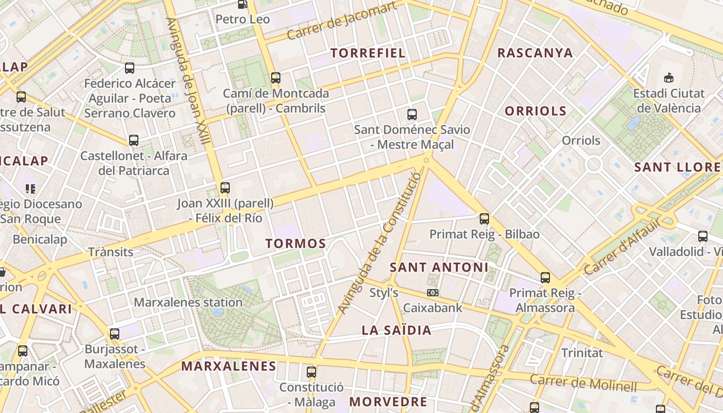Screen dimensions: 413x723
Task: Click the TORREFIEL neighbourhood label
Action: click(368, 53)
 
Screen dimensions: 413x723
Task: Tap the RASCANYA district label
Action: click(535, 53)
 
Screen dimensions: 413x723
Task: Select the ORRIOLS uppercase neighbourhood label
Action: click(536, 111)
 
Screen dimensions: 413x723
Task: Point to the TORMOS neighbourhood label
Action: click(296, 244)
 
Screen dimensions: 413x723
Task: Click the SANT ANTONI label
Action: click(438, 267)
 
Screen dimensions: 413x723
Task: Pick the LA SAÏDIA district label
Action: click(396, 330)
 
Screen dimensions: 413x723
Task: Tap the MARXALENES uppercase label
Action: click(229, 367)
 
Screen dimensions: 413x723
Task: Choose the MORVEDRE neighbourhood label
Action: click(388, 402)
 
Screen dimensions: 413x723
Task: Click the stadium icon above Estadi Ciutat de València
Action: click(669, 77)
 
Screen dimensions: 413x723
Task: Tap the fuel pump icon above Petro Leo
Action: click(242, 4)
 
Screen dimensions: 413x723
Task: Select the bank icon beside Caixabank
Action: click(433, 293)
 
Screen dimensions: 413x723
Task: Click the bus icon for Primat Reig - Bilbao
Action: click(484, 218)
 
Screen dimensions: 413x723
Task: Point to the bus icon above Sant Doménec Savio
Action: click(412, 114)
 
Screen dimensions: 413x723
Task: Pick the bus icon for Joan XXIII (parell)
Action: click(225, 188)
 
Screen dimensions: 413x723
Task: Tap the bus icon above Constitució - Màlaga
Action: click(311, 372)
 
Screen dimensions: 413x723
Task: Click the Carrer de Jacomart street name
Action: click(341, 21)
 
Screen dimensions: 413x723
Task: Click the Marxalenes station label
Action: click(188, 303)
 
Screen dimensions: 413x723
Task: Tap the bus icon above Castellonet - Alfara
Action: click(134, 140)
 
